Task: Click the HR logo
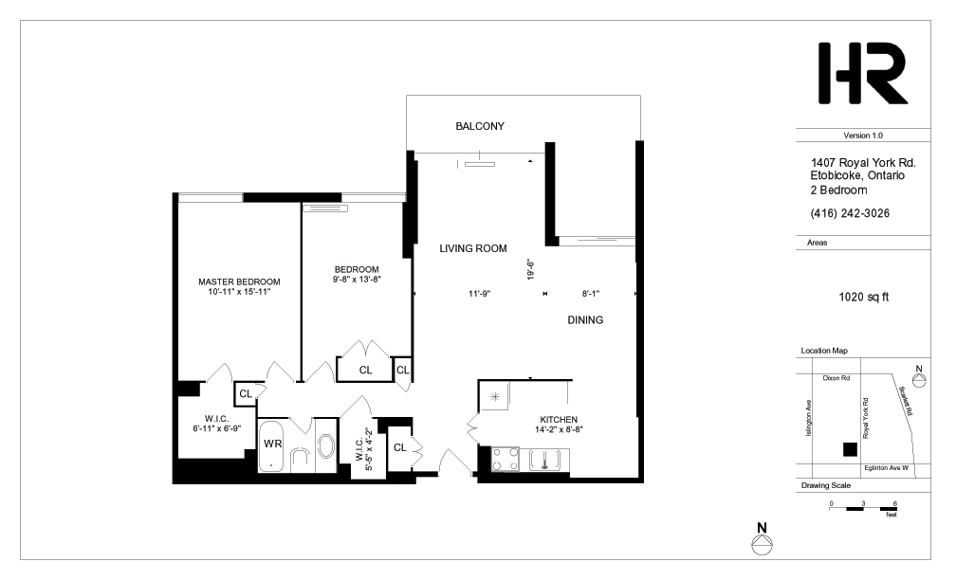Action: point(862,74)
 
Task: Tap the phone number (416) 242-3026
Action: point(850,212)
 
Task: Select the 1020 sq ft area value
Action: point(863,297)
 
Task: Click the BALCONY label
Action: point(479,126)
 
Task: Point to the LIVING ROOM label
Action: point(473,248)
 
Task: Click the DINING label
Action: point(585,320)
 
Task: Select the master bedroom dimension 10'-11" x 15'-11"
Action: point(239,293)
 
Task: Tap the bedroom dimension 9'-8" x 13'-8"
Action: point(356,280)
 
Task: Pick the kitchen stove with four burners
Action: point(505,459)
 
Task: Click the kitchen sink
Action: point(546,460)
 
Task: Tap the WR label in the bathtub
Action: point(272,444)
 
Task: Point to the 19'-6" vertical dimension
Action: point(531,270)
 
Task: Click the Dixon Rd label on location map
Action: point(836,376)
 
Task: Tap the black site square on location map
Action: point(850,448)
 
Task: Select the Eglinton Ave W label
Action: point(885,468)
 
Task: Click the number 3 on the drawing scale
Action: point(862,502)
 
